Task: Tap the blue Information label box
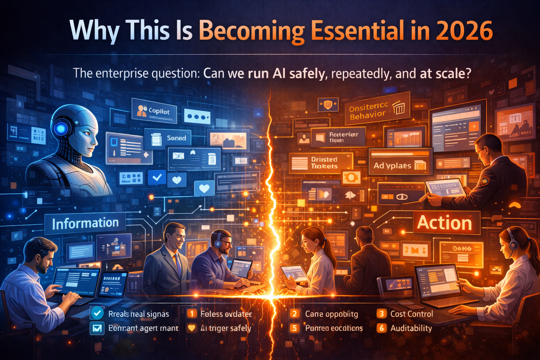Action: tap(85, 223)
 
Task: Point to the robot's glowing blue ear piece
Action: tap(61, 129)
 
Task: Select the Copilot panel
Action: tap(154, 111)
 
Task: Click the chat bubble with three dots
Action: tap(197, 117)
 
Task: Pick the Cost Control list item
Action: tap(411, 314)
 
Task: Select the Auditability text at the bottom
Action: tap(411, 328)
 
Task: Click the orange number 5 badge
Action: tap(294, 328)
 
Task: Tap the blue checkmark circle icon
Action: tap(97, 313)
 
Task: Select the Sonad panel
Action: tap(168, 138)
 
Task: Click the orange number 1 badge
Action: tap(191, 314)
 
